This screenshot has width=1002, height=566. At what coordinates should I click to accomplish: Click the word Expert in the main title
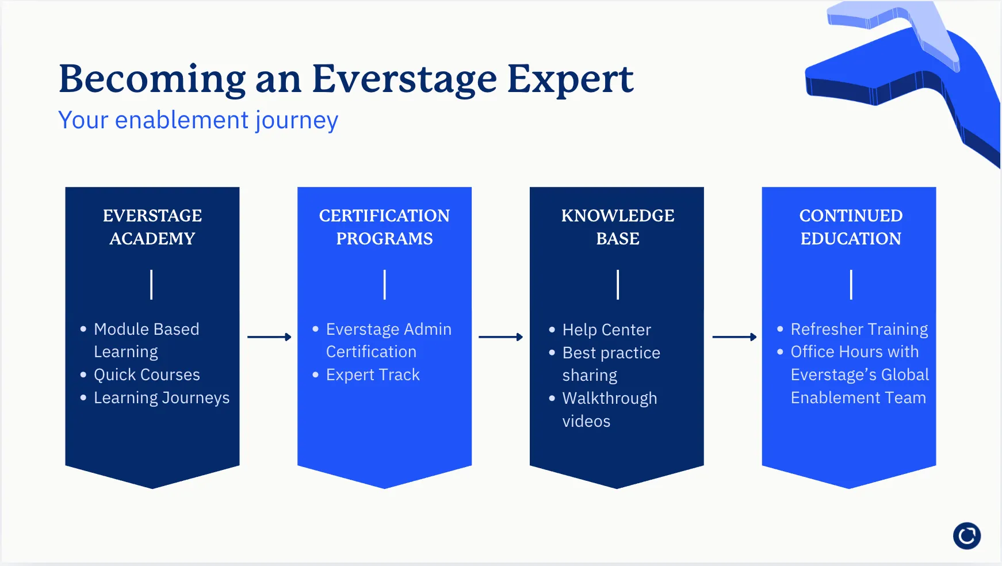(x=570, y=79)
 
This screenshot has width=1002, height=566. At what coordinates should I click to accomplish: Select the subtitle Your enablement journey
(x=198, y=120)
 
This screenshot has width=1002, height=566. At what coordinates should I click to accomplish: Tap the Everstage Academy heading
(x=152, y=227)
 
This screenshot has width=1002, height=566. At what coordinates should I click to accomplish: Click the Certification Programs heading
(x=384, y=227)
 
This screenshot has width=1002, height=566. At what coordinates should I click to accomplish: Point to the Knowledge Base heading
(x=618, y=227)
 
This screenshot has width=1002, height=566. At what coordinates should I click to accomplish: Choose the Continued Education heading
(x=851, y=227)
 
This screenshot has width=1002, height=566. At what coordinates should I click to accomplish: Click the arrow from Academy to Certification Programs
(x=269, y=337)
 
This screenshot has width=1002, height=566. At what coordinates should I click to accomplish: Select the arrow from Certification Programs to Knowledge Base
(x=500, y=337)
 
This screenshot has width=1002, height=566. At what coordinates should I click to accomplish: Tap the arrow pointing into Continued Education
(x=735, y=337)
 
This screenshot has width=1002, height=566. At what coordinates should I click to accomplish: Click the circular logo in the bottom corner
(x=967, y=536)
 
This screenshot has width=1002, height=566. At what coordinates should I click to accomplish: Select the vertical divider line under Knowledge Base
(x=618, y=285)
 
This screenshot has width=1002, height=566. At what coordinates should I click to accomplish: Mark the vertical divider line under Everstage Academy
(x=151, y=285)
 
